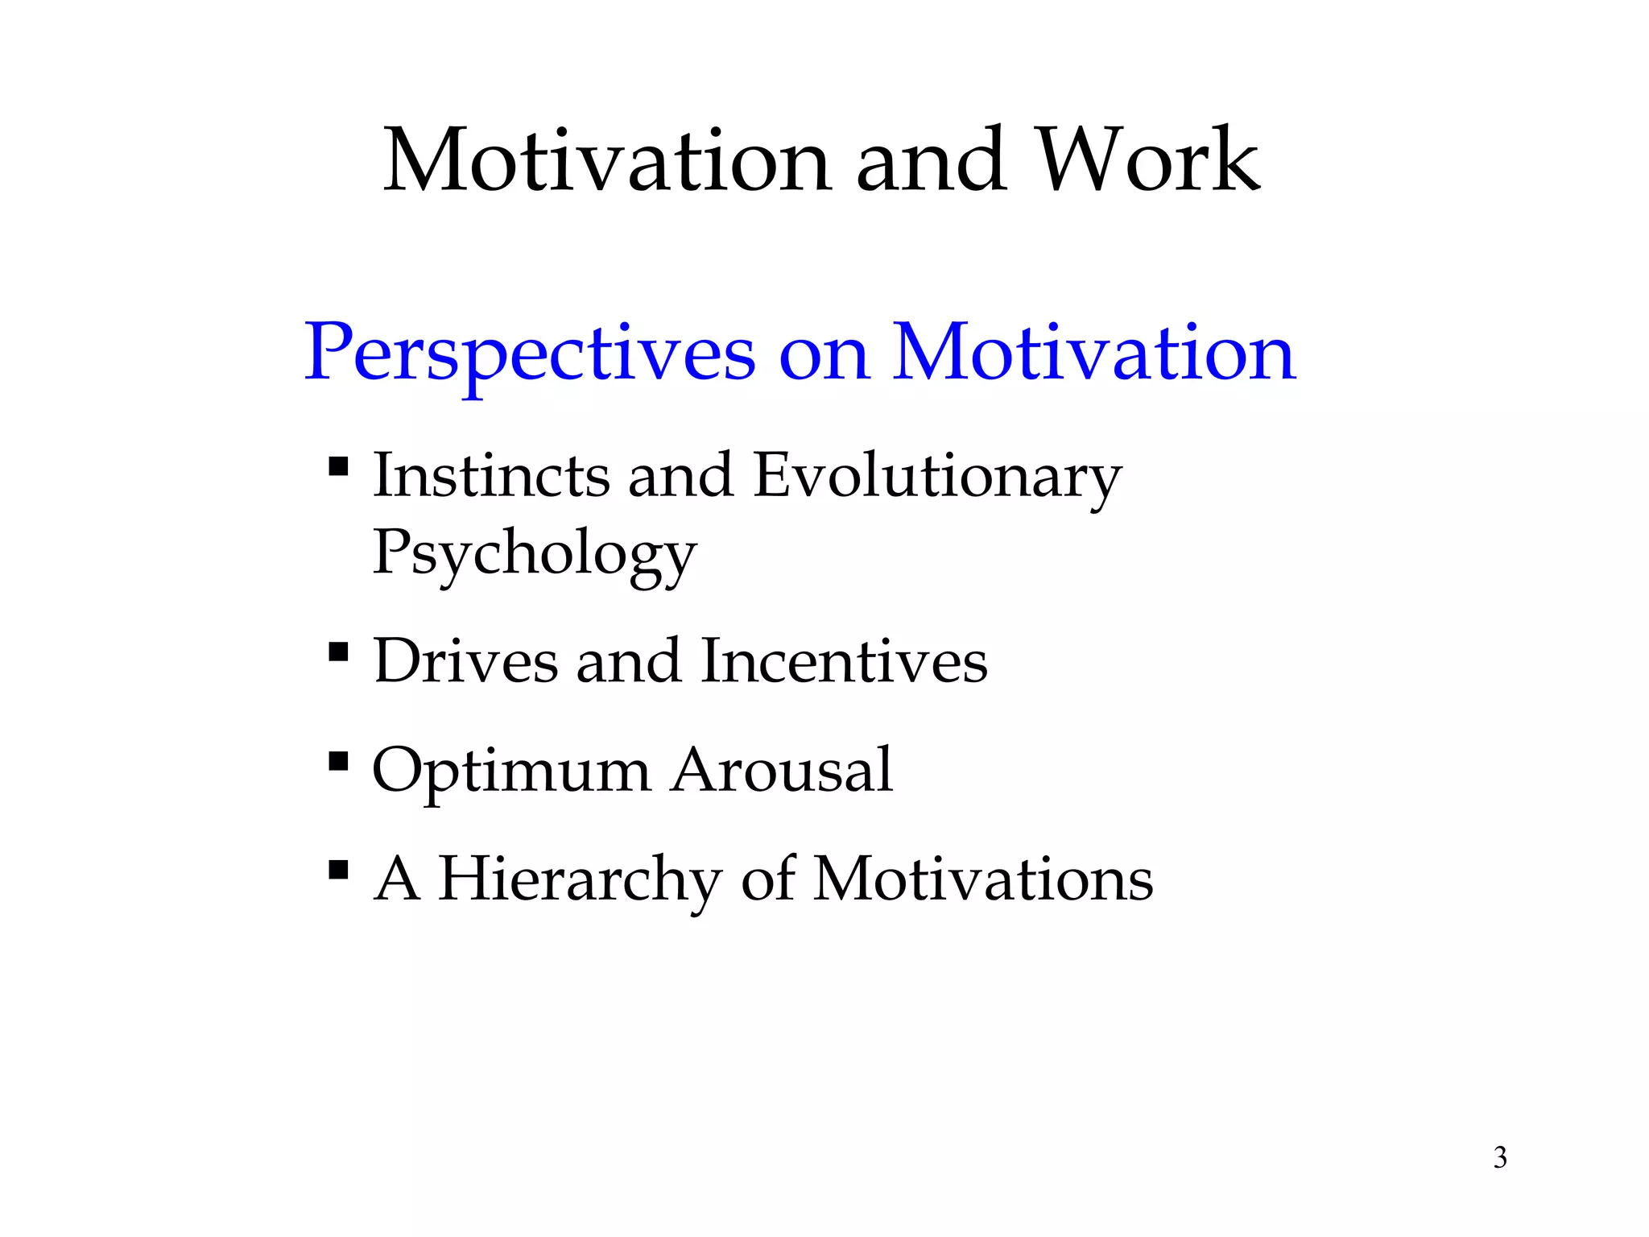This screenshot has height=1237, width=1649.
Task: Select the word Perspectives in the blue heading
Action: (x=530, y=354)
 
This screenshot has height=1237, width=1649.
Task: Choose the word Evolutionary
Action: (x=937, y=477)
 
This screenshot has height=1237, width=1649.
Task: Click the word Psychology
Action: (x=534, y=554)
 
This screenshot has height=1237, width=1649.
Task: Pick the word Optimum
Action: (x=511, y=772)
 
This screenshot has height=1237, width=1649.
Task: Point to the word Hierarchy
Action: (x=580, y=879)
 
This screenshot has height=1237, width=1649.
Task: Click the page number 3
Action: (x=1500, y=1157)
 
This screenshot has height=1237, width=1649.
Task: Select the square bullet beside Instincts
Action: (x=338, y=467)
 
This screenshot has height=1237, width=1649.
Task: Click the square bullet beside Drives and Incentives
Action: (x=338, y=651)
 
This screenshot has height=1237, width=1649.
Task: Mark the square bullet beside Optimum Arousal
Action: (x=338, y=760)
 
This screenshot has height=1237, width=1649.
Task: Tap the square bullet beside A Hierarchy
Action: (x=338, y=870)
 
